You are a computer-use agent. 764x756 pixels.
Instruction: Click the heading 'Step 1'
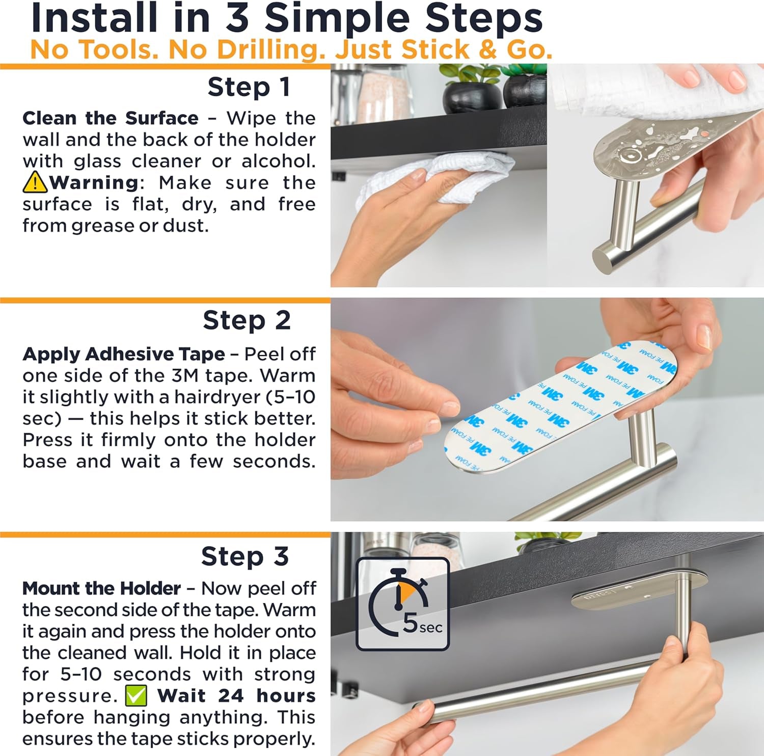249,87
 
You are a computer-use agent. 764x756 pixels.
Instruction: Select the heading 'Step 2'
247,320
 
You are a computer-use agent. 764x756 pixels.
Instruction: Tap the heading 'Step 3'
245,556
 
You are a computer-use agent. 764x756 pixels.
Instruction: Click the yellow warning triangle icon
35,182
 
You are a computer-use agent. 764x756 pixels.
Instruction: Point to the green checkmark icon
136,696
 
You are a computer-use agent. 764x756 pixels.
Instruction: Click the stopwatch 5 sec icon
402,604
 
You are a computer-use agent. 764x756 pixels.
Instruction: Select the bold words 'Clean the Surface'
111,118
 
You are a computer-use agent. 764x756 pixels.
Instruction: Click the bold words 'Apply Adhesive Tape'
124,354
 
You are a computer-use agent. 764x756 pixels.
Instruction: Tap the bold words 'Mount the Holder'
101,588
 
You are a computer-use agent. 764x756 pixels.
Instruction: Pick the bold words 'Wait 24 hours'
236,696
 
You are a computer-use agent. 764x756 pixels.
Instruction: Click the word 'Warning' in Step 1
94,182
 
